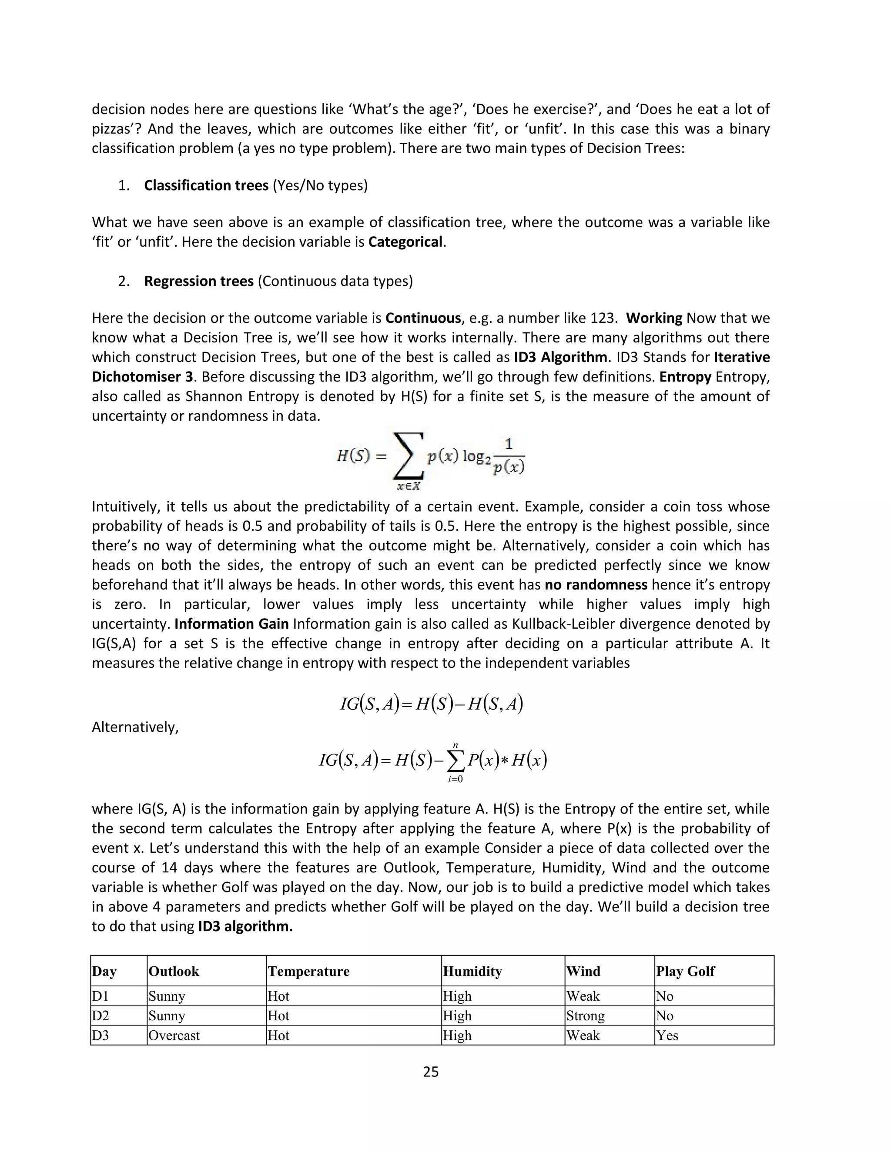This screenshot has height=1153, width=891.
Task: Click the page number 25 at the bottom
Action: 431,1072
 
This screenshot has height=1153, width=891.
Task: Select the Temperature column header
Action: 308,972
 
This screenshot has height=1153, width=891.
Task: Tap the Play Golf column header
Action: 685,972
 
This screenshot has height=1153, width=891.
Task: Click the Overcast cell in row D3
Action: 174,1035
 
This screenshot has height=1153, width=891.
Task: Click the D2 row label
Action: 100,1016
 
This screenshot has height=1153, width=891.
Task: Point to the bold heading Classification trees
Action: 206,185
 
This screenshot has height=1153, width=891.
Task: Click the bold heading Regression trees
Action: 199,281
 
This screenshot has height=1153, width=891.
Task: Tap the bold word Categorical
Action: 405,242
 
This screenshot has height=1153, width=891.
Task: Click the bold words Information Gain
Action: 231,623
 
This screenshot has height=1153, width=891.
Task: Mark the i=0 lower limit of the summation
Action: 455,780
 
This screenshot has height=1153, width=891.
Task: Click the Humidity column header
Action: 472,972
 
